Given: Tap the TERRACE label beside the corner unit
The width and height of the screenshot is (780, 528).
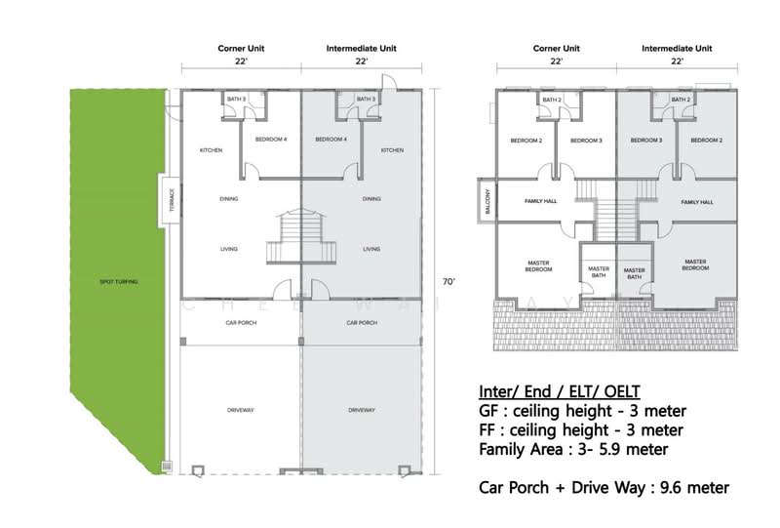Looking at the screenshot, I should pyautogui.click(x=171, y=198).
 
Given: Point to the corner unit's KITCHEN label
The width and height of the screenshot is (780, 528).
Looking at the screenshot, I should pyautogui.click(x=211, y=150).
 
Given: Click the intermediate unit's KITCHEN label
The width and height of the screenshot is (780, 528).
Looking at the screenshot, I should pyautogui.click(x=393, y=150).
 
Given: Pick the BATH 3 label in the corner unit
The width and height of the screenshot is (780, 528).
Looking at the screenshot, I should pyautogui.click(x=237, y=100).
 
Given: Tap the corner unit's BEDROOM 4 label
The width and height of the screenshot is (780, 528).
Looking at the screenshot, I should pyautogui.click(x=271, y=140).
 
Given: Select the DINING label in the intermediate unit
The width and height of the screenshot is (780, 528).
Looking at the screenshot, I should pyautogui.click(x=370, y=199).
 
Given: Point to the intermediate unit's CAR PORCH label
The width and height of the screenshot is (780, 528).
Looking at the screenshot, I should pyautogui.click(x=362, y=322).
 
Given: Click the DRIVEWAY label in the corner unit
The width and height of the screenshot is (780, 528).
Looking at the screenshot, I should pyautogui.click(x=240, y=410).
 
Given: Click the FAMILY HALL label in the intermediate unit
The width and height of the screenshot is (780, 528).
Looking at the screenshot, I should pyautogui.click(x=697, y=202).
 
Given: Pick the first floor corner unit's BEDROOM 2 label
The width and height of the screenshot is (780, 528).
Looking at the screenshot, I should pyautogui.click(x=526, y=141).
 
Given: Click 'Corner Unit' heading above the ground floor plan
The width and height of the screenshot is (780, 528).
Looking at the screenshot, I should pyautogui.click(x=240, y=46).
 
